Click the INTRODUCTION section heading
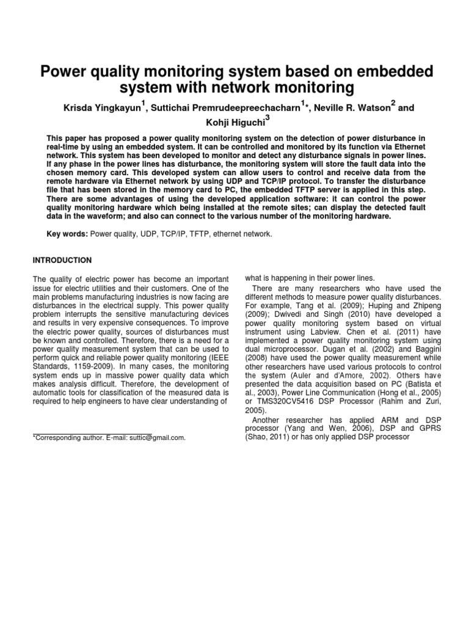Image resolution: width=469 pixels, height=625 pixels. [62, 260]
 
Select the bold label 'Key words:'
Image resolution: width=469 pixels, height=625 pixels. [68, 234]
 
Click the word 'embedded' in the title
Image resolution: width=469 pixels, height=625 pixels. [393, 72]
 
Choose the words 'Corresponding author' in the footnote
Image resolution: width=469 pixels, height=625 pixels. [68, 438]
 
